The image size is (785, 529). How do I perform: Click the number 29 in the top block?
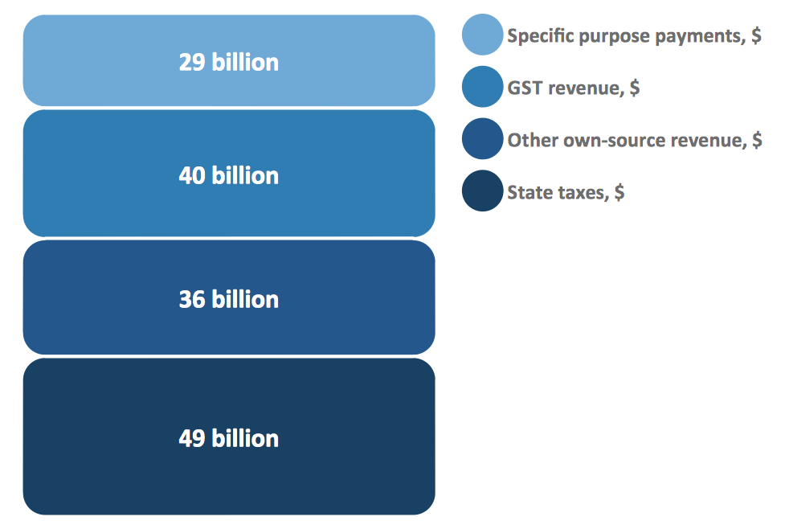click(192, 63)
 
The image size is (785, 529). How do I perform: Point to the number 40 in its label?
click(192, 175)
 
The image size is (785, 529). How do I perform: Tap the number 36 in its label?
click(192, 299)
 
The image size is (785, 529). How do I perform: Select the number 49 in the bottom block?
click(192, 438)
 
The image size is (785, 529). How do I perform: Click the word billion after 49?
click(245, 438)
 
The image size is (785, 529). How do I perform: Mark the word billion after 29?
click(245, 63)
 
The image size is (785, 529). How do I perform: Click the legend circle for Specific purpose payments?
click(482, 35)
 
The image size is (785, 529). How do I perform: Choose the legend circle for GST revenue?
click(482, 87)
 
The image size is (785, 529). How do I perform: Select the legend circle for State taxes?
click(482, 192)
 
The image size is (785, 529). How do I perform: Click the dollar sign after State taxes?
click(619, 193)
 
